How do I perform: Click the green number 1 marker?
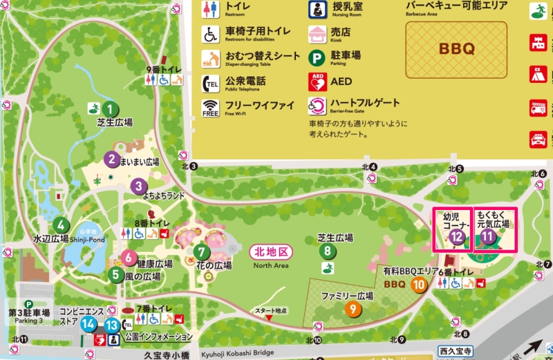click(x=109, y=108)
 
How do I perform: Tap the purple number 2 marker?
click(x=111, y=158)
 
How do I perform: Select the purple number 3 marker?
click(x=138, y=185)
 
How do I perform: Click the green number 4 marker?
click(x=62, y=225)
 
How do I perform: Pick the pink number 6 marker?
click(x=129, y=258)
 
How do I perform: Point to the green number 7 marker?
click(x=201, y=252)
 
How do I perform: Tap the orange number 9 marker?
click(x=353, y=310)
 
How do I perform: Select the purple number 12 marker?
click(x=456, y=237)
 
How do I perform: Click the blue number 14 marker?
click(x=88, y=323)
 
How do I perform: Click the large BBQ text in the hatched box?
click(x=457, y=50)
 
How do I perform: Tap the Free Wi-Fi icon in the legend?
click(x=210, y=108)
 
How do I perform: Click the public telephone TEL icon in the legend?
click(x=210, y=84)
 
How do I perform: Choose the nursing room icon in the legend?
click(x=318, y=10)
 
